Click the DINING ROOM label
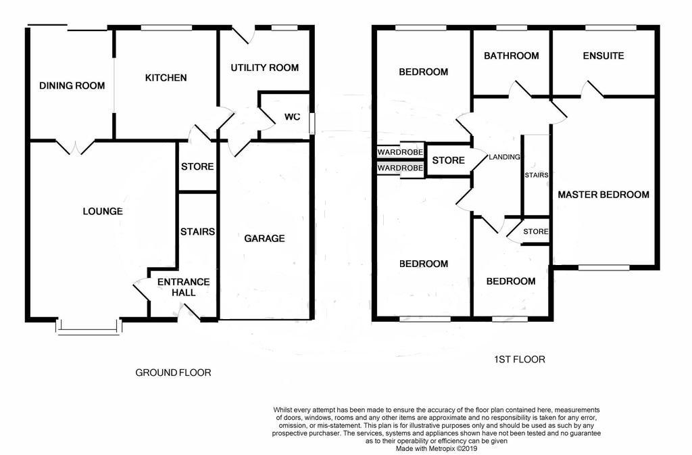[72, 86]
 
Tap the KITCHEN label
[166, 78]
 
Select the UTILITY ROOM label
[265, 68]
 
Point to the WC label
[292, 116]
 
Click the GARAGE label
[264, 238]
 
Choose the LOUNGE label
[103, 212]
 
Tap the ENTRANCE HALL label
[184, 287]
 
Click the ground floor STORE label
[197, 166]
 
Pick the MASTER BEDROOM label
[603, 195]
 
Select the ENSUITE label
[603, 55]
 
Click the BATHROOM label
[511, 55]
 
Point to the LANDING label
[504, 157]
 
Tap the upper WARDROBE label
[400, 152]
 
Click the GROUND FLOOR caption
[173, 373]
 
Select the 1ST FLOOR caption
[520, 360]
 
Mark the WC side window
[312, 123]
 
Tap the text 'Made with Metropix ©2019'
[436, 449]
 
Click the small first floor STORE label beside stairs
[536, 231]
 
